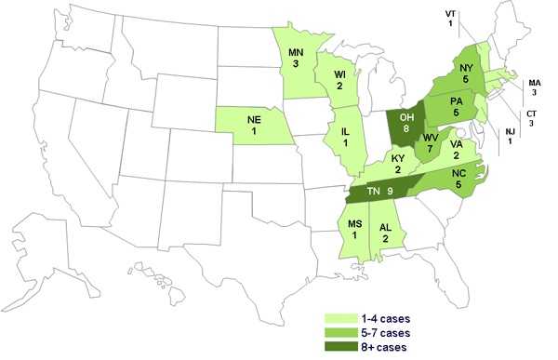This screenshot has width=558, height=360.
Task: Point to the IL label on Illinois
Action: (x=342, y=130)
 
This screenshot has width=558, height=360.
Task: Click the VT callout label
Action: (x=450, y=13)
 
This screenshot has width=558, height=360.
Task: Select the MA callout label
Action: (x=535, y=83)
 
